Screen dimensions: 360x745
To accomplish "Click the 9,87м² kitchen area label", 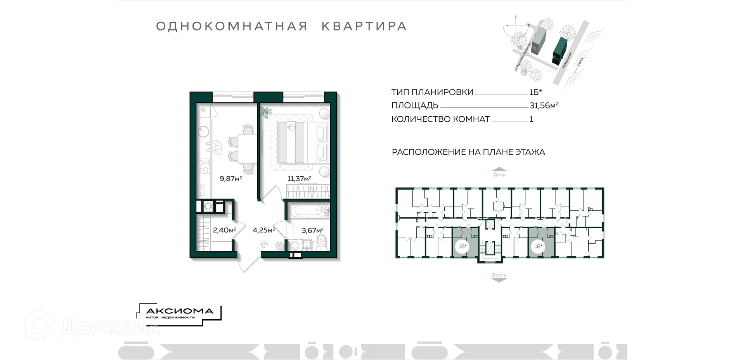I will point(230,179).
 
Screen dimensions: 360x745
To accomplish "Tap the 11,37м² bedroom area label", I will point(299,179).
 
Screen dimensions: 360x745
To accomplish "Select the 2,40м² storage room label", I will point(224,230).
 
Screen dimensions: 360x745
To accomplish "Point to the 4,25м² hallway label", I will point(264,230).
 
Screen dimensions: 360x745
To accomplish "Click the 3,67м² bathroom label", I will point(312,231).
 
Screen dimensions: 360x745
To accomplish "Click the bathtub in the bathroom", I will point(308,210).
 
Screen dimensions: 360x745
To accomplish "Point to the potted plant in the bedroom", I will point(266,112).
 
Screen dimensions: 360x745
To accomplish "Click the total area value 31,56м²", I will point(544,105).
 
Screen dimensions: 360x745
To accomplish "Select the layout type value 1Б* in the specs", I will point(535,92).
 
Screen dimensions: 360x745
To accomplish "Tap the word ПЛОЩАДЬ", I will point(415,105).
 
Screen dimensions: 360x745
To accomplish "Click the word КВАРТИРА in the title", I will point(364,26).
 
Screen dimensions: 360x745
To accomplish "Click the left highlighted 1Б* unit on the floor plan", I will point(465,242).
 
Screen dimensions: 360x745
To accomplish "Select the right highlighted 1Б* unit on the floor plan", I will point(541,242).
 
